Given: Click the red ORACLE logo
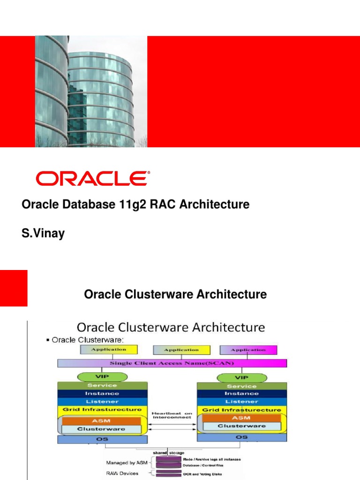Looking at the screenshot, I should coord(93,179).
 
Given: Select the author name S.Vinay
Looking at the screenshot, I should coord(43,233).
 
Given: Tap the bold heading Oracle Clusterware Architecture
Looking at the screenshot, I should coord(175,294).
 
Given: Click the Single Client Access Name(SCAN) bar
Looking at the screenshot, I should coord(172,363).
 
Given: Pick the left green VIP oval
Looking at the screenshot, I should coord(102,376).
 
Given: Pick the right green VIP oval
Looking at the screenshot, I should coord(241,377).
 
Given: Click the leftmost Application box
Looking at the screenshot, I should coord(109,349).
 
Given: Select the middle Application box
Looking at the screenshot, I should coord(181,350).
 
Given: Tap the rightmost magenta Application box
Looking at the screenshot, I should coord(248,350).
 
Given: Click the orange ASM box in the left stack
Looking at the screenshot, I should coord(102,420).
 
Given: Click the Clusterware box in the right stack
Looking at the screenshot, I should coord(241,426).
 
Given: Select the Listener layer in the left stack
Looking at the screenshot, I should coord(102,401).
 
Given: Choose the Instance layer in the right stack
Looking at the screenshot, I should coord(241,394).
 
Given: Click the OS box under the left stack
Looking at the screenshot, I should coord(102,439).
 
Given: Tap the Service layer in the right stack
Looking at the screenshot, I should coord(241,386).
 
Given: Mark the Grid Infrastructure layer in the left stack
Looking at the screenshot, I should coord(102,410).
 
